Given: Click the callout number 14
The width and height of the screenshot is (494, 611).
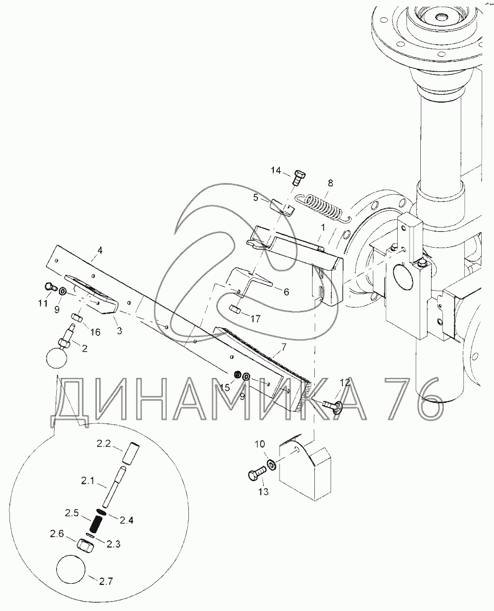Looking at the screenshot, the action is [x=275, y=171].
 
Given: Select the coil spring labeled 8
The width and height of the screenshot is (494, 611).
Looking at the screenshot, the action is [x=324, y=207].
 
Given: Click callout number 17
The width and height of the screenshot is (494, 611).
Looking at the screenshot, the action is [x=255, y=319].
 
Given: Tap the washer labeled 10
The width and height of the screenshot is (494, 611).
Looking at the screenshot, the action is [x=271, y=464].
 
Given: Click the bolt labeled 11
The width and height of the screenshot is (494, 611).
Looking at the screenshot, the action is [x=50, y=287].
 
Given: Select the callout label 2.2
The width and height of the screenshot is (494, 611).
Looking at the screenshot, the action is [x=104, y=443].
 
